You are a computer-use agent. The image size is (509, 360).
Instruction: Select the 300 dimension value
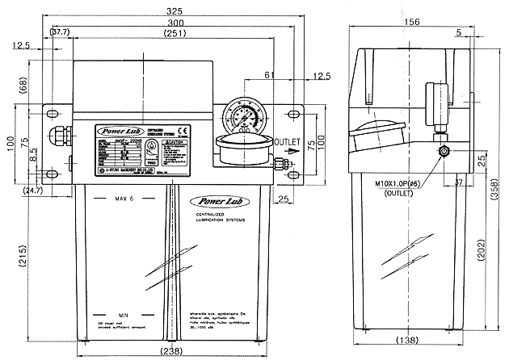tap(172, 23)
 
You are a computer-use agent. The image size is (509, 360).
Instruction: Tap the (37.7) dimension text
tap(61, 33)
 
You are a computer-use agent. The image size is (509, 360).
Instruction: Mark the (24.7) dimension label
tap(33, 191)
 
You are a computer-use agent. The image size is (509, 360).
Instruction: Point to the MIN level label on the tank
tap(124, 313)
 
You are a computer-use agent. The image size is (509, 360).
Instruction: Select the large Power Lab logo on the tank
tap(214, 198)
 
